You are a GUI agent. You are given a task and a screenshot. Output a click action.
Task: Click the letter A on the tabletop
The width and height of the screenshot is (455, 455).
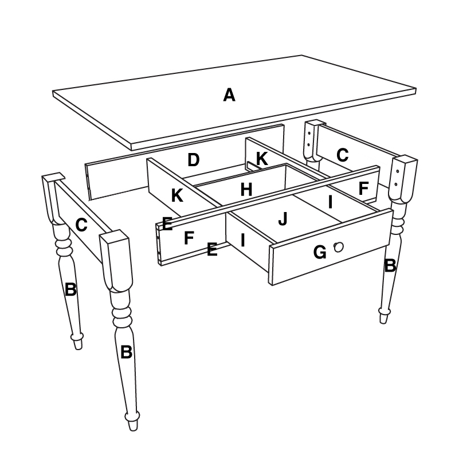(x=229, y=95)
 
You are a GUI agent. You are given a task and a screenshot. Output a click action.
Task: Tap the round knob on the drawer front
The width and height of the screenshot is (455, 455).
(x=338, y=247)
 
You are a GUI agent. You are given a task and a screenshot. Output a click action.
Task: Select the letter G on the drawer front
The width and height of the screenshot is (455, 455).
(x=320, y=252)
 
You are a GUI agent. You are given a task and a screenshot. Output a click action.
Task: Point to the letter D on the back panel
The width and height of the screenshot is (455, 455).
(x=194, y=160)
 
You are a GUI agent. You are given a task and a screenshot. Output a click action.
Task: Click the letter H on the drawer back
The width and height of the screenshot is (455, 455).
(x=246, y=190)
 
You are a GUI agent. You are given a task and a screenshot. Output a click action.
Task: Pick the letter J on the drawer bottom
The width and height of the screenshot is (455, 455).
(x=283, y=218)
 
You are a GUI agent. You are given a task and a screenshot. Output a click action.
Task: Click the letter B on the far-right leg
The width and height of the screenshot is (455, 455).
(x=390, y=265)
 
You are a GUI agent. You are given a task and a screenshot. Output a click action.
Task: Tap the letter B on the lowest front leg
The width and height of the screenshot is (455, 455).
(x=126, y=352)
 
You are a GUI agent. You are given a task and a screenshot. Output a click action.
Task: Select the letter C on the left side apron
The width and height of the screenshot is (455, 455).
(x=81, y=225)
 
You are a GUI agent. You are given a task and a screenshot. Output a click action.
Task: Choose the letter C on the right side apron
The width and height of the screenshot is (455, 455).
(x=343, y=155)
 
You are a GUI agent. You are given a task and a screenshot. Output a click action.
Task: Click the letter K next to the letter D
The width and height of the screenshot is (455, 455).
(x=262, y=159)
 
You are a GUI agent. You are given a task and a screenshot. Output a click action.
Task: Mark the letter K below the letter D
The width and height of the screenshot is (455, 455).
(x=177, y=195)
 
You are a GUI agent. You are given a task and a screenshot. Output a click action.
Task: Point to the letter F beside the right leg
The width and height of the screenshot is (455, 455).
(x=363, y=189)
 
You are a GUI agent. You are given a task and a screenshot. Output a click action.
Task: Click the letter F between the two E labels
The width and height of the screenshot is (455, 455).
(x=189, y=238)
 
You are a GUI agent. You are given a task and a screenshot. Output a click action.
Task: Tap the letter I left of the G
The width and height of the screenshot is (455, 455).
(x=243, y=240)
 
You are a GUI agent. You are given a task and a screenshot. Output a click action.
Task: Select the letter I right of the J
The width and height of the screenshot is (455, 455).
(x=330, y=202)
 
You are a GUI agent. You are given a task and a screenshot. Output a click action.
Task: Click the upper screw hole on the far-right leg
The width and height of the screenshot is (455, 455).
(x=398, y=171)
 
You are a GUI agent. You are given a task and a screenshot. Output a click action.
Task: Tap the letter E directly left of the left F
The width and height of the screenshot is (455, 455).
(x=167, y=223)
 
